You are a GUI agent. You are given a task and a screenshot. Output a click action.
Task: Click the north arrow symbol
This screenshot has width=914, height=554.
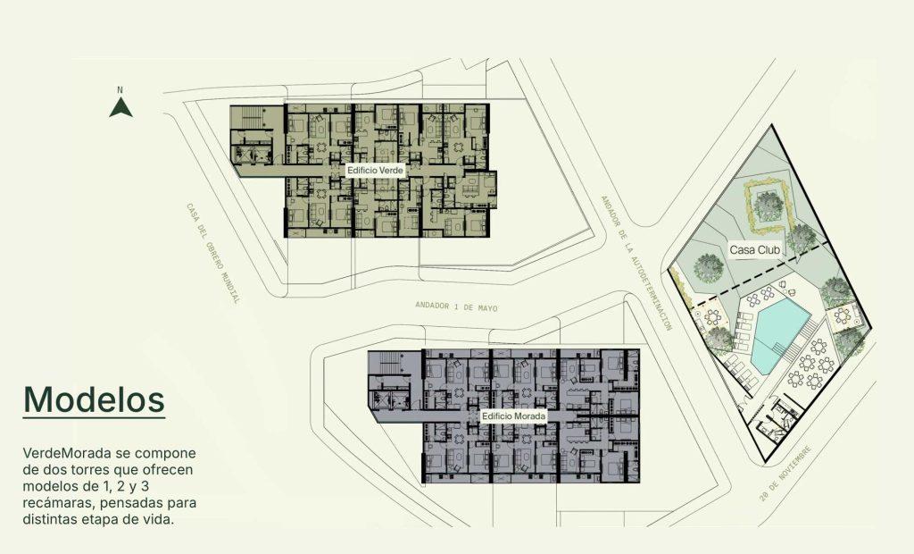pos(120,107)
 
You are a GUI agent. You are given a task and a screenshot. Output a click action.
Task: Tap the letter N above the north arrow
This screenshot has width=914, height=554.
pos(120,90)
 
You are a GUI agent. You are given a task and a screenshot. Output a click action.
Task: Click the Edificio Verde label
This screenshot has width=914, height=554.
pos(375,171)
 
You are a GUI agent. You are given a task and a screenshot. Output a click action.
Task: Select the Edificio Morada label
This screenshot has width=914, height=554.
pos(513,415)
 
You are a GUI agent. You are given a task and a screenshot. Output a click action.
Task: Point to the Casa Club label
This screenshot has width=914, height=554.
pos(755,250)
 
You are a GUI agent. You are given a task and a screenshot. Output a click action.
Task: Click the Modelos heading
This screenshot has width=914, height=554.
pos(94,399)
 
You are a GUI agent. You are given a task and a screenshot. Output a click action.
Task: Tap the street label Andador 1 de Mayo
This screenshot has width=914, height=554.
pos(456,306)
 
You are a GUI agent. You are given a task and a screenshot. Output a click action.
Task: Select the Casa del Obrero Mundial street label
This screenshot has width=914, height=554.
pos(212,253)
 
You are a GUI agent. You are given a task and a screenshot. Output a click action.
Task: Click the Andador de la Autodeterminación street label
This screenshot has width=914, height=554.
pos(636,263)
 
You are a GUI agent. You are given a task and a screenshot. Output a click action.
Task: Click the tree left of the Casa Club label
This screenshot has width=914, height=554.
pos(708,269)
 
